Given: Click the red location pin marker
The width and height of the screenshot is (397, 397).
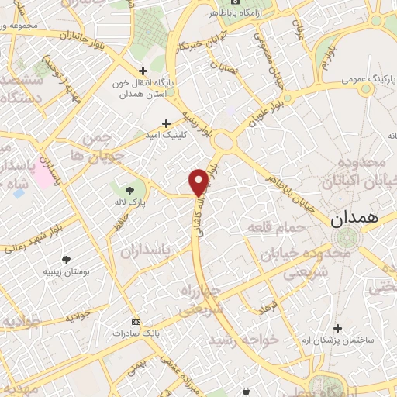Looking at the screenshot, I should pos(198,181).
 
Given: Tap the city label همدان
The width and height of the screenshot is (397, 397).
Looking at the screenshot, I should pos(354,219).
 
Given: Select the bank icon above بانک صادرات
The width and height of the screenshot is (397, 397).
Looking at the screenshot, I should pos(136,322).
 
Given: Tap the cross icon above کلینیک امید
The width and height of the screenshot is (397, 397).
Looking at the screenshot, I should pos(166,123).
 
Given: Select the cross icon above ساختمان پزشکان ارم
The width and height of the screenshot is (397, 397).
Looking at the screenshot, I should pos(337,328).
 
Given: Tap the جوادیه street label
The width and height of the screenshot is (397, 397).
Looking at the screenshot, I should pos(78,317).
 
